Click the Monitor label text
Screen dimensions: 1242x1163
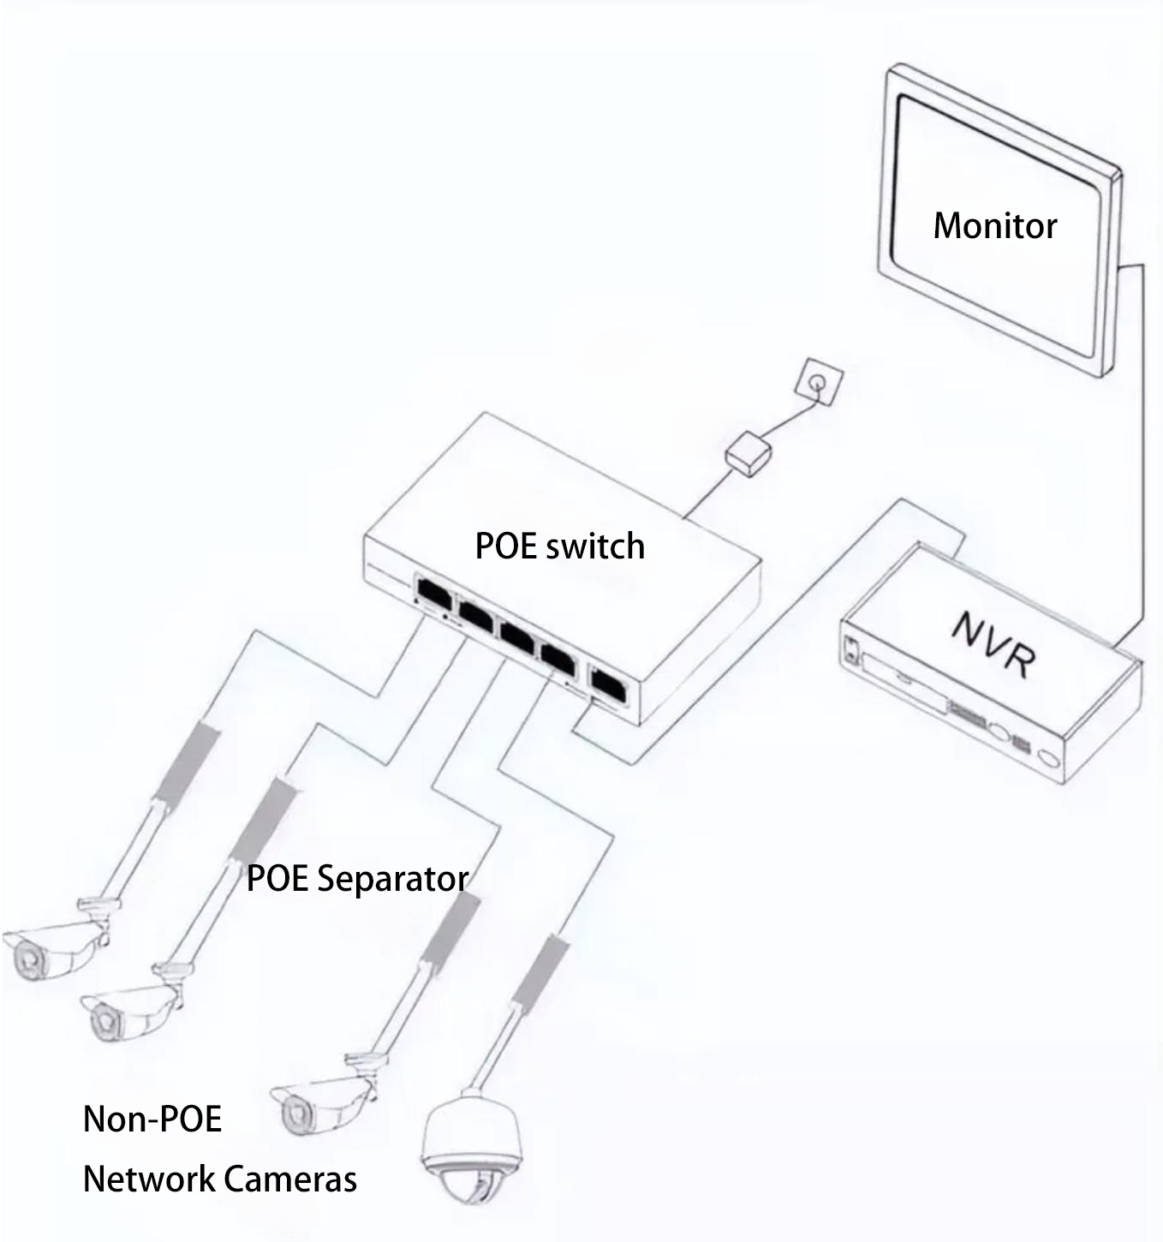994,225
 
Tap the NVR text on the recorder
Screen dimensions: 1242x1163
994,642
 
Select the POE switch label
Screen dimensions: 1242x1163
559,546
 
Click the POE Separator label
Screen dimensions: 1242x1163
357,879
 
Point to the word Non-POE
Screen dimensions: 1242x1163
152,1119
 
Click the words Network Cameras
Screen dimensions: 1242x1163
219,1179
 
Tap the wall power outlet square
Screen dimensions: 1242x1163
820,381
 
